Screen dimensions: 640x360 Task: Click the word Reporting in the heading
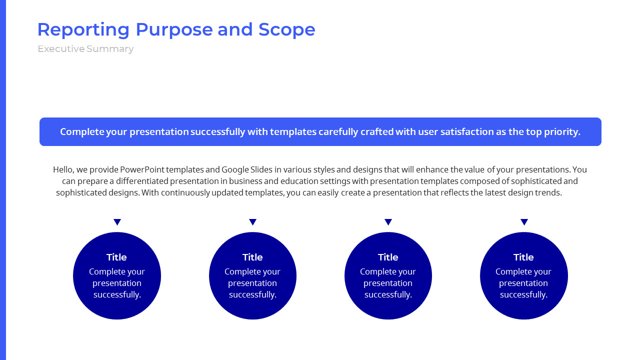83,30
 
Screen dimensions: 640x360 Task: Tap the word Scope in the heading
286,29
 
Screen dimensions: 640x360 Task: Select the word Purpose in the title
174,30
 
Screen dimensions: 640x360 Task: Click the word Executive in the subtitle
61,49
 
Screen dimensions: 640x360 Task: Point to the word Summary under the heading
110,49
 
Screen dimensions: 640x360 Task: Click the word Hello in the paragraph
63,169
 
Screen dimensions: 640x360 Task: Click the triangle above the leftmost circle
117,222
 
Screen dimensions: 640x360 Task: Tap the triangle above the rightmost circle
524,222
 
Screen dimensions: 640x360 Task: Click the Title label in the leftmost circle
116,257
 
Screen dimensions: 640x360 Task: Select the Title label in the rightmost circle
523,257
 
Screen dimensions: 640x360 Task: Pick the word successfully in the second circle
252,294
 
